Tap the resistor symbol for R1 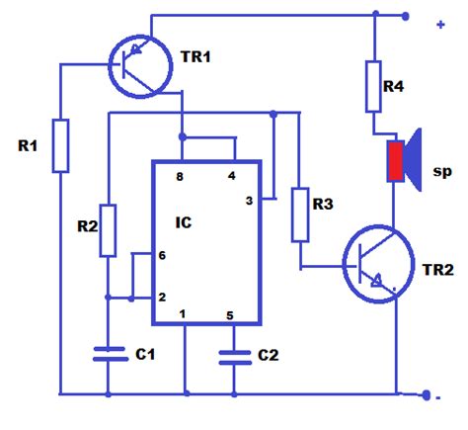click(x=61, y=145)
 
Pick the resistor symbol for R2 click(x=108, y=230)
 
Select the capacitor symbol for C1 click(x=108, y=353)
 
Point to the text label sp click(x=440, y=171)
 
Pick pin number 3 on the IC click(x=250, y=201)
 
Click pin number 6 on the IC click(x=163, y=255)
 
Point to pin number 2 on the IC click(x=163, y=297)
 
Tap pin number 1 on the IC click(x=183, y=314)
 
